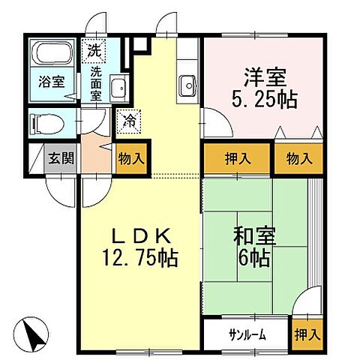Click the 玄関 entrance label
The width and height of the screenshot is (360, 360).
(x=61, y=158)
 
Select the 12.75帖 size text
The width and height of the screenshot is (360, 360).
(x=140, y=259)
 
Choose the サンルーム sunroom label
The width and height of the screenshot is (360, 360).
(x=246, y=334)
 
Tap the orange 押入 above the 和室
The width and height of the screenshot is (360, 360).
(x=235, y=158)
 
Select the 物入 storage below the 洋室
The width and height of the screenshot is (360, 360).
(x=298, y=158)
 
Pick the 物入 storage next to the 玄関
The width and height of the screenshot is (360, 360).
(x=132, y=158)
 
